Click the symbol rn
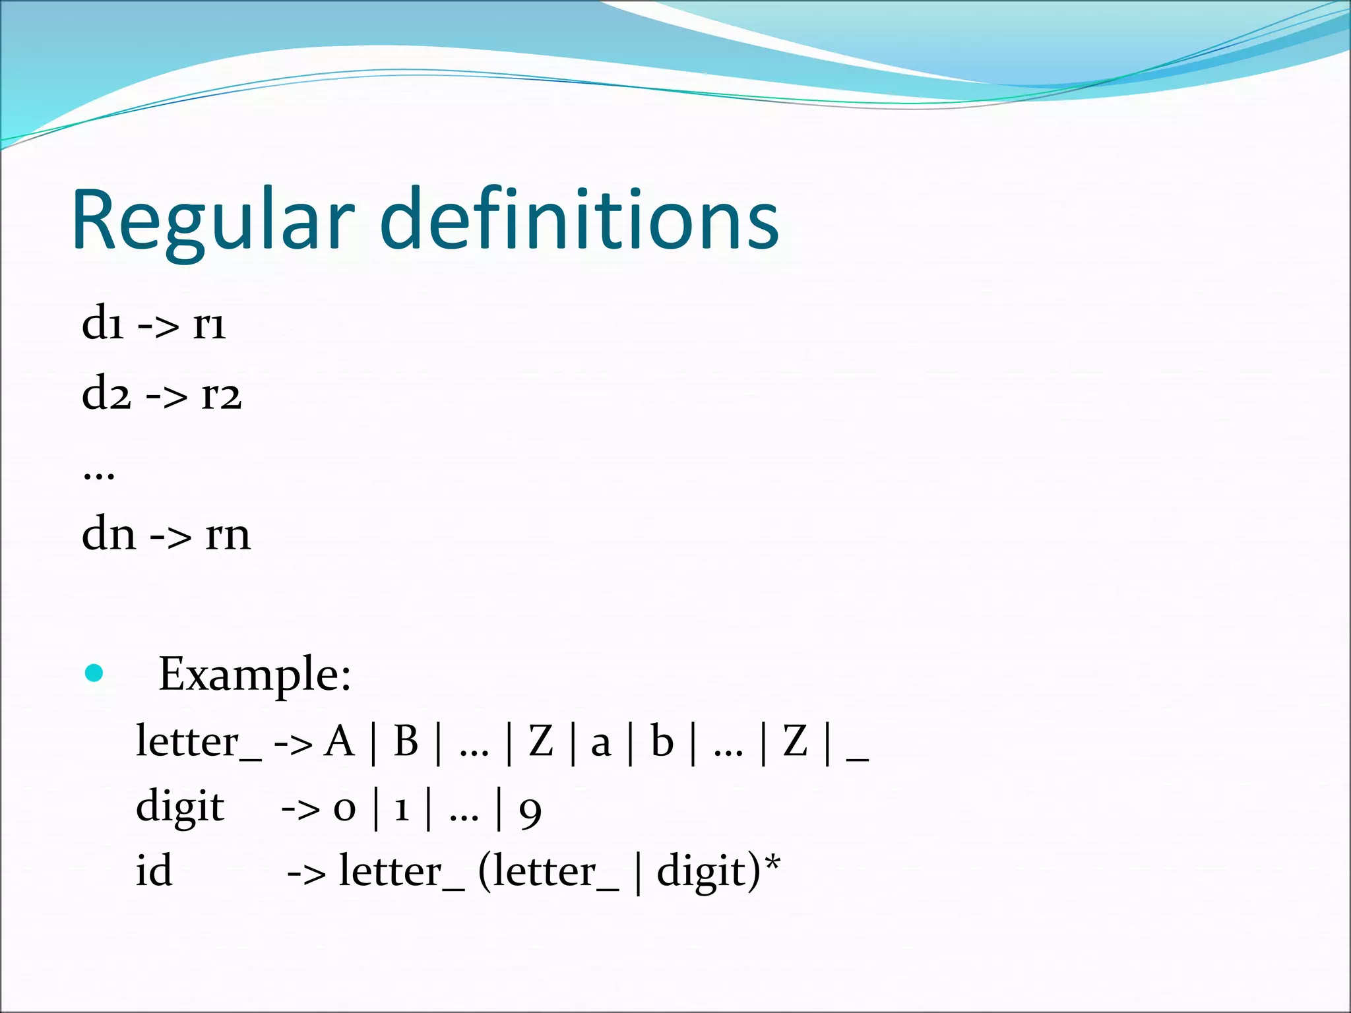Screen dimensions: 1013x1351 click(x=228, y=535)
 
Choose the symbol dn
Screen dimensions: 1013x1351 click(x=109, y=534)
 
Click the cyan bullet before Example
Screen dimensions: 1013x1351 click(x=94, y=673)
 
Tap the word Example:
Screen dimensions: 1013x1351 click(x=255, y=674)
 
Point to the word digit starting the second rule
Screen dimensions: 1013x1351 click(x=179, y=808)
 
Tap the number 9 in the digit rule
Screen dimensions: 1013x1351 click(x=530, y=812)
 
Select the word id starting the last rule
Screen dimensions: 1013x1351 click(x=154, y=871)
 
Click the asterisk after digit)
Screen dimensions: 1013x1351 click(x=773, y=861)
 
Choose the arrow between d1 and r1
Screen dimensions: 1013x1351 click(x=158, y=326)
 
